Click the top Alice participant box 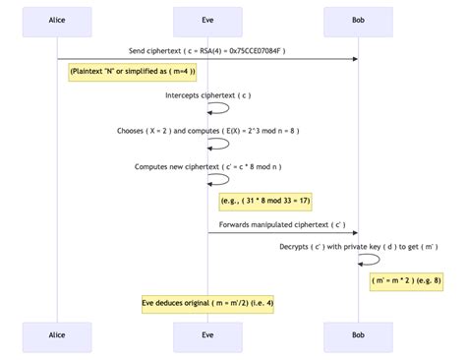(57, 20)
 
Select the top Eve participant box (207, 20)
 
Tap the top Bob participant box (358, 20)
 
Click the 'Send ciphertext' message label (207, 50)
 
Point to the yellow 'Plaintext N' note (133, 72)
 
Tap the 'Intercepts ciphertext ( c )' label (207, 95)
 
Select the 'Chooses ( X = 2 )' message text (207, 131)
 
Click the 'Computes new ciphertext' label (207, 166)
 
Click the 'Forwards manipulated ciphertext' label (282, 225)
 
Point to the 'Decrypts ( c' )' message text (358, 247)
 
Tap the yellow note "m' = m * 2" (408, 281)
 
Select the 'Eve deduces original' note (207, 303)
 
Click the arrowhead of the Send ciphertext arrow (354, 59)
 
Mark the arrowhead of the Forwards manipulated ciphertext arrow (354, 234)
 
